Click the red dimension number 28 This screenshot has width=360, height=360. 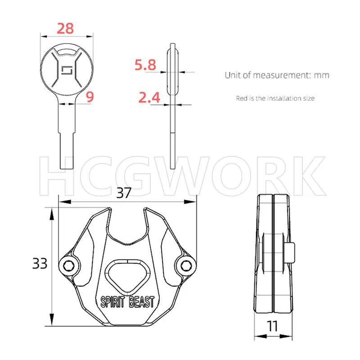point(65,28)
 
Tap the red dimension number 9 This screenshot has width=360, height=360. point(90,97)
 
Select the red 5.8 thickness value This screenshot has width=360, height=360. point(145,65)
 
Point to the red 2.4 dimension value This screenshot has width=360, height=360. point(149,98)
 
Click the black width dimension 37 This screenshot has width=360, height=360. point(124,193)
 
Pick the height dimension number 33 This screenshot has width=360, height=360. point(40,263)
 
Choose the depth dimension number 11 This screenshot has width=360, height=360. point(272,326)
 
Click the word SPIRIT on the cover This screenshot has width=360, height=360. point(113,301)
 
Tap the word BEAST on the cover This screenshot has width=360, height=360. point(141,301)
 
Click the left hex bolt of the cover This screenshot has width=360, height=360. point(68,266)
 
